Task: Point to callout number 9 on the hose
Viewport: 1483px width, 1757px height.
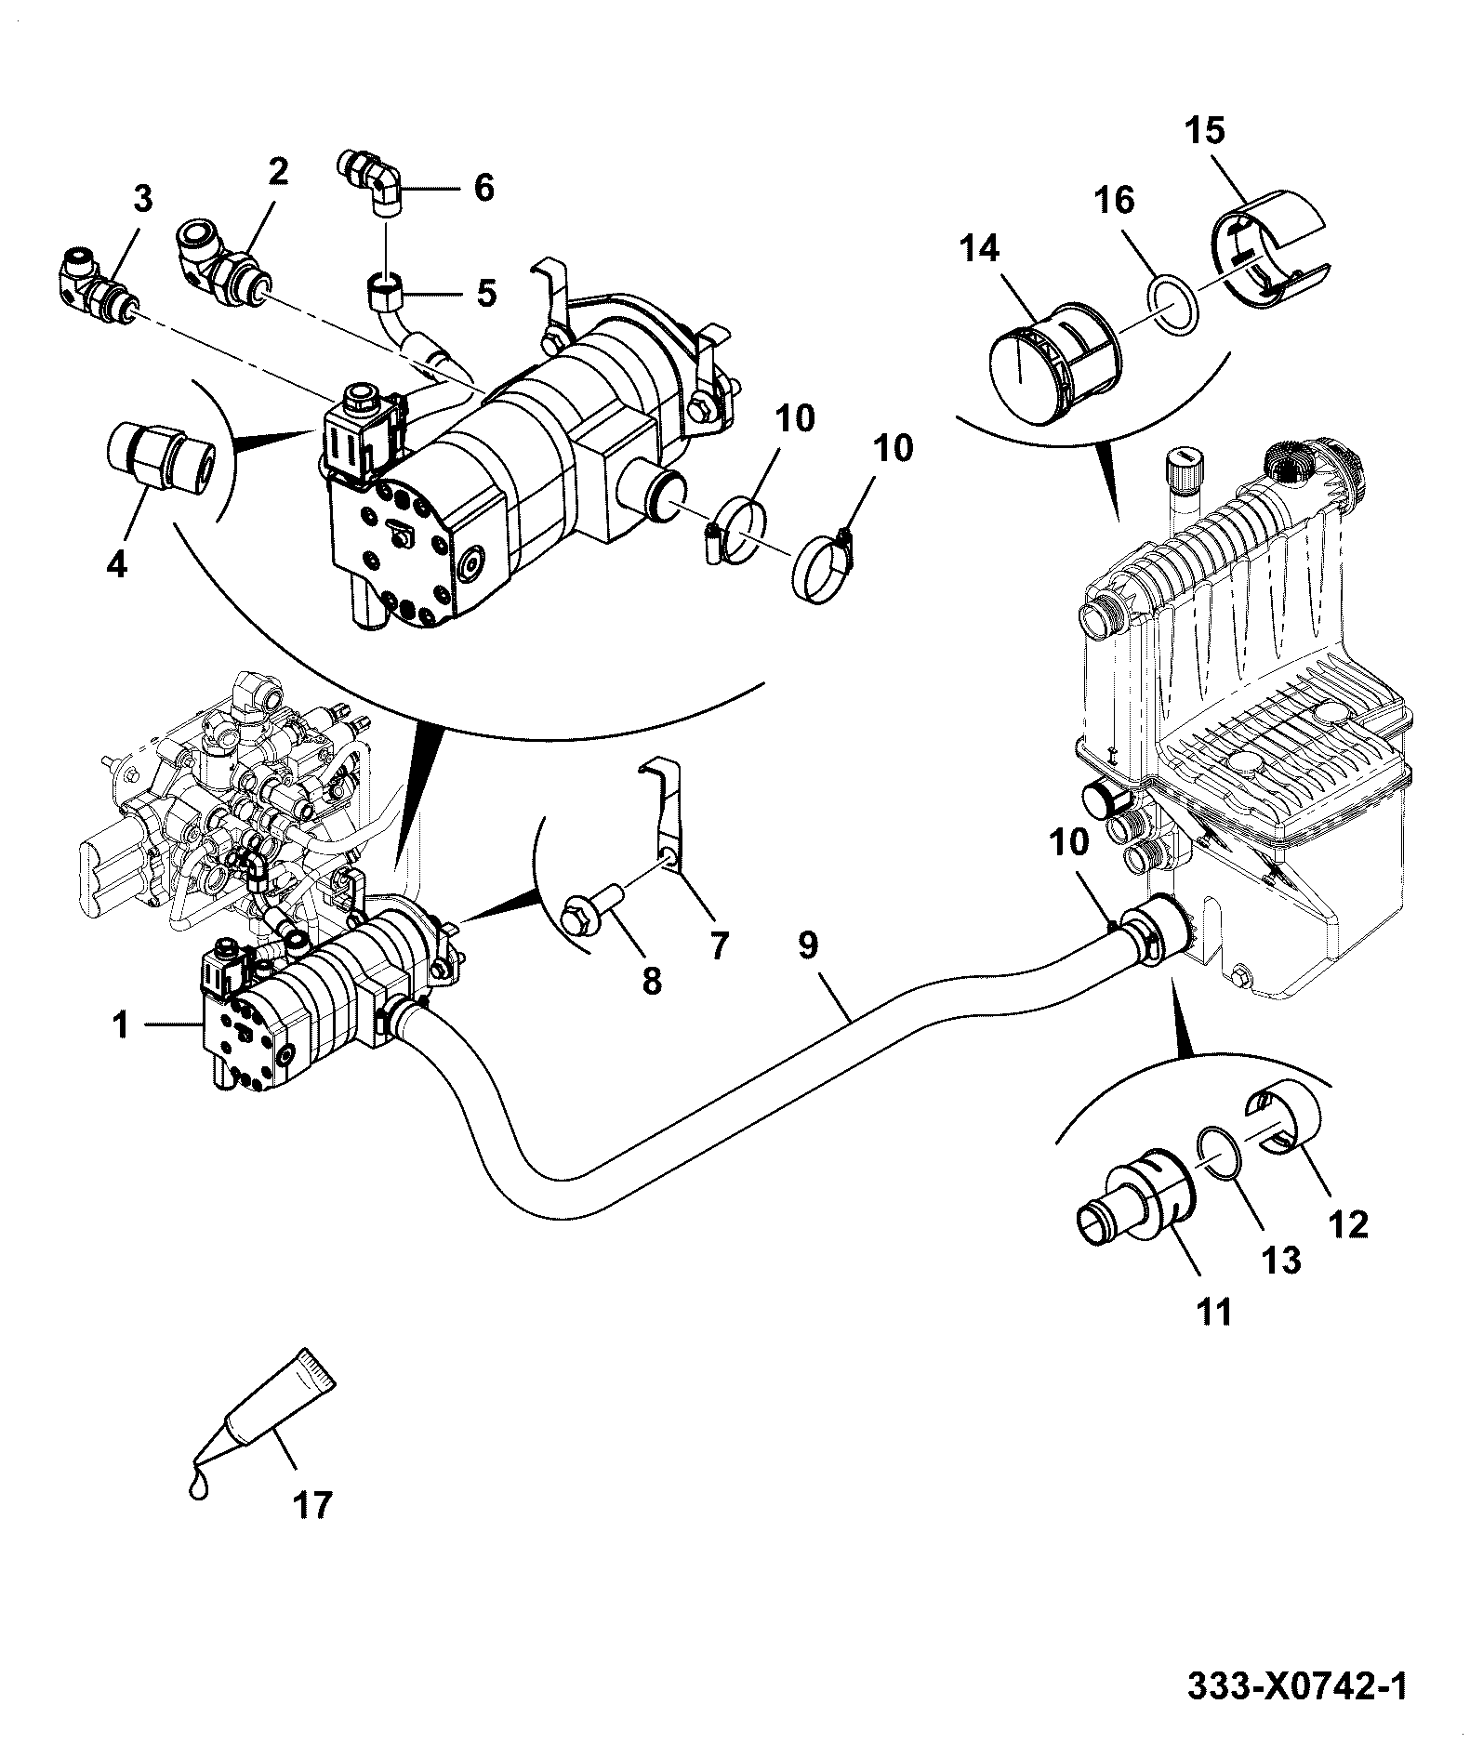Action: click(x=807, y=945)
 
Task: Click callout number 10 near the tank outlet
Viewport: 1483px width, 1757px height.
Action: click(x=1069, y=843)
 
